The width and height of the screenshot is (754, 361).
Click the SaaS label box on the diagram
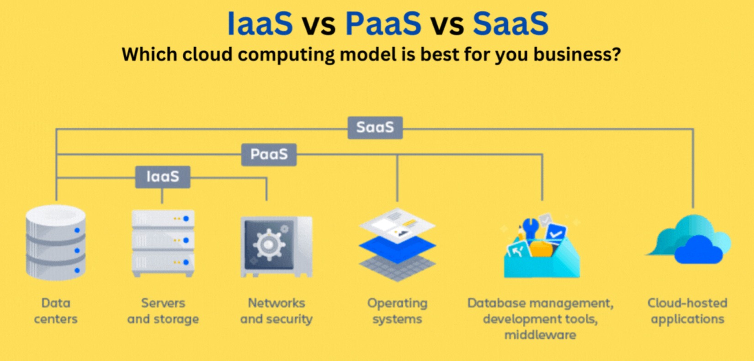click(375, 127)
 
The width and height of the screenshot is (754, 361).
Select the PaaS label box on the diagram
click(269, 154)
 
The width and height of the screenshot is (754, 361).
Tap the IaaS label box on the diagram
click(163, 177)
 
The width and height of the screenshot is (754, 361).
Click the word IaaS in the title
click(260, 24)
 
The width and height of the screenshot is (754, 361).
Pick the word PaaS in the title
click(383, 24)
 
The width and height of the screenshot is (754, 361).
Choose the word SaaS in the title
click(510, 24)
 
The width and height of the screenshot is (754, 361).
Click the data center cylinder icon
click(56, 242)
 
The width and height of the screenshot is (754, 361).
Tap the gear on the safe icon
click(269, 245)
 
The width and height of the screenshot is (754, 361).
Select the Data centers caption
click(56, 311)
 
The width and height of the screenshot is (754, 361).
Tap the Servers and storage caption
click(163, 311)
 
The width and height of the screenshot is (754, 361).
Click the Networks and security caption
click(276, 311)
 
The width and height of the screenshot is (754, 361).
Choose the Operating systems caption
click(397, 311)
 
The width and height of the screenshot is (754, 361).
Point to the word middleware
click(540, 335)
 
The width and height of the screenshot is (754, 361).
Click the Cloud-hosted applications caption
click(687, 311)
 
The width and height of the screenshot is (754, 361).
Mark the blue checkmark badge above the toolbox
click(556, 232)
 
